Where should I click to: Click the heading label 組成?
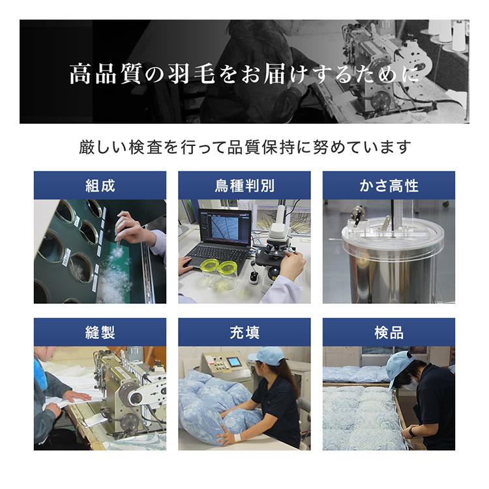tap(100, 186)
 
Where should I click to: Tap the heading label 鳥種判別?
tap(244, 186)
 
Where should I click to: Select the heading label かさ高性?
tap(389, 186)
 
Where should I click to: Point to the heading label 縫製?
tap(100, 333)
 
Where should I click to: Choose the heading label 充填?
tap(244, 333)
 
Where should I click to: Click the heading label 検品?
tap(389, 333)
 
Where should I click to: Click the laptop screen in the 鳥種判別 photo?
tap(224, 228)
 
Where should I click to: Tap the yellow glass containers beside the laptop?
tap(220, 274)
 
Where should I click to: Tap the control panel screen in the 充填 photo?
tap(233, 362)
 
